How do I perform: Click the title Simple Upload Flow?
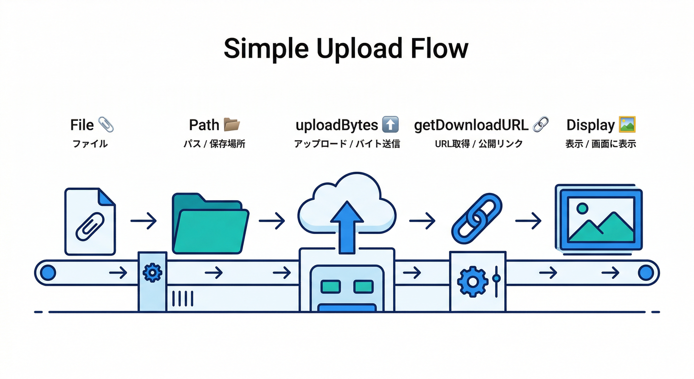click(x=346, y=48)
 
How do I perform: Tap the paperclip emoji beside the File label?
click(x=106, y=125)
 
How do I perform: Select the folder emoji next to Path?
click(x=232, y=125)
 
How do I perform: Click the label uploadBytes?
click(x=337, y=125)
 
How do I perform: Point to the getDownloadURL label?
click(x=471, y=125)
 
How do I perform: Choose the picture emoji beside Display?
click(x=627, y=124)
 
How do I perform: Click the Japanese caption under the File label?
click(x=90, y=144)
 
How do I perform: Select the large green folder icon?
click(x=210, y=225)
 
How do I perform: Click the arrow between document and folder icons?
click(x=143, y=221)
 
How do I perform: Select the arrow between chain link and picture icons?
click(x=528, y=221)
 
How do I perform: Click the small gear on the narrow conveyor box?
click(x=152, y=272)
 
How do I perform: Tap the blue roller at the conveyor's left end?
click(x=48, y=272)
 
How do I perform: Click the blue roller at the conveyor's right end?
click(x=645, y=272)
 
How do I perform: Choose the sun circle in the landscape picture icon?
click(x=582, y=208)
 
